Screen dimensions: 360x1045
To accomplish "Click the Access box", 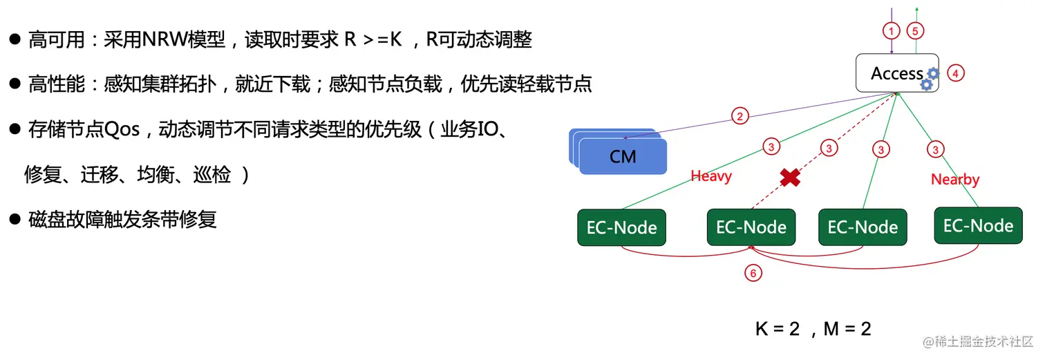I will (896, 73).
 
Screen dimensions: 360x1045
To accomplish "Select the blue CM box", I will (622, 156).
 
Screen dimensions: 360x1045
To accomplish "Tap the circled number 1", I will (892, 31).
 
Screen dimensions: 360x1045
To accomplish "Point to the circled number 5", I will (914, 31).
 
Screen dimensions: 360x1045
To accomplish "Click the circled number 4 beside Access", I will (956, 73).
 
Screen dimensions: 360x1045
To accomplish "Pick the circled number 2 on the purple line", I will (740, 116).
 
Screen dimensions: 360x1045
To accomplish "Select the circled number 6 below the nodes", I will (753, 273).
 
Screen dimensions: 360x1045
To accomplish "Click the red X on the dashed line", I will (790, 178).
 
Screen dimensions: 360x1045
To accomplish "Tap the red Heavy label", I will (710, 176).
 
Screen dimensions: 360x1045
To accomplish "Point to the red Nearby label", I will (955, 180).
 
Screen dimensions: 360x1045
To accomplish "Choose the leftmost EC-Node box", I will (621, 227).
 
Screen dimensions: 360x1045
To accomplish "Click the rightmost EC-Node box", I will (978, 226).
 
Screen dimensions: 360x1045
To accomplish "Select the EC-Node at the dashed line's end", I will (751, 227).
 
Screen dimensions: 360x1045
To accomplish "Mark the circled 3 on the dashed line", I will (828, 148).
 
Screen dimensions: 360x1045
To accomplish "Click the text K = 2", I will (777, 329).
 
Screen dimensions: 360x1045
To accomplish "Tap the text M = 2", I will (847, 329).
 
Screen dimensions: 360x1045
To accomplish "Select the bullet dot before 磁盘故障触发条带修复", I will (14, 219).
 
